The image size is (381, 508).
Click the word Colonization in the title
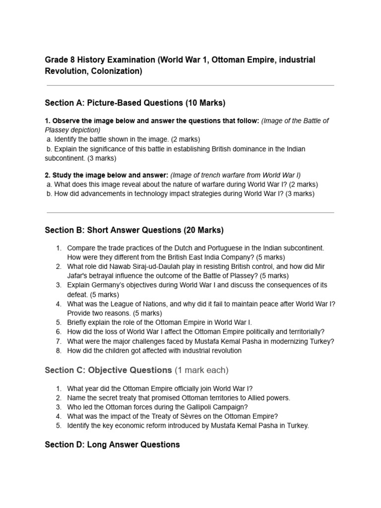pos(117,71)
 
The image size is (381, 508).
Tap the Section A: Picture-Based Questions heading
pos(135,103)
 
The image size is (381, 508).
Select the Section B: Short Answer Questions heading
pos(134,230)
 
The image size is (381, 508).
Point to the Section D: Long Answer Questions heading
pos(112,444)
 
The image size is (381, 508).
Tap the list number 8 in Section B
pos(58,351)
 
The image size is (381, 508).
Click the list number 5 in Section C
pos(58,426)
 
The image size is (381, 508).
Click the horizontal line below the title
pos(190,85)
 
